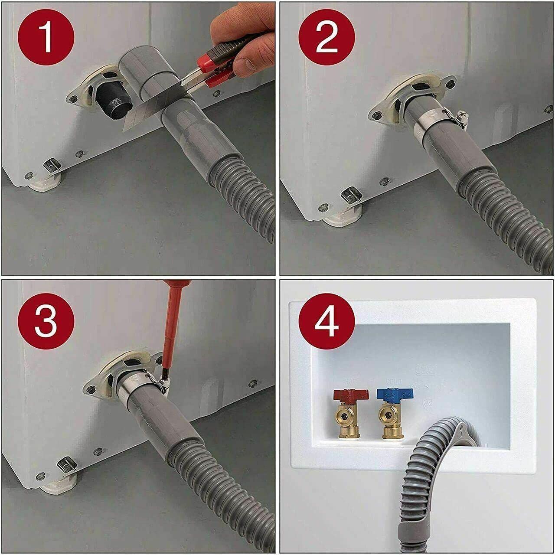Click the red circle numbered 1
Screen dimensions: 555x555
click(46, 37)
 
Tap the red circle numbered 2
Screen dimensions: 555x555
click(326, 37)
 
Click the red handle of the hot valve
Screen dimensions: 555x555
click(351, 395)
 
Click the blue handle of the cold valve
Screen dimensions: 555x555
click(395, 394)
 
